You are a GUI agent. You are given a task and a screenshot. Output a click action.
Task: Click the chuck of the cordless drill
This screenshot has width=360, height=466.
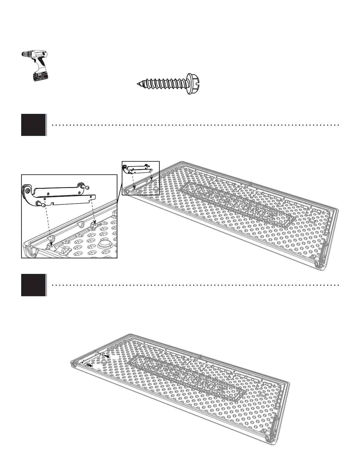coord(26,54)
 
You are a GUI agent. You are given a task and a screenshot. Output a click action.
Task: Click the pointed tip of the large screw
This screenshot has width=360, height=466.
coord(138,84)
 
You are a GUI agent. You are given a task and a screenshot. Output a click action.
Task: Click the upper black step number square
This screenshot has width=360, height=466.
coord(34,125)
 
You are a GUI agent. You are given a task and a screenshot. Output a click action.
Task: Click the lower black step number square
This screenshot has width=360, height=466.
coord(34,285)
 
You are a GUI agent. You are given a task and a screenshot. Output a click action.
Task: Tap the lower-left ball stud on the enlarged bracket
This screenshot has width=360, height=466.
coord(41,204)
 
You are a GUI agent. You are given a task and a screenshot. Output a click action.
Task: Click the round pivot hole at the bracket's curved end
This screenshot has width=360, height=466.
coord(27,191)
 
